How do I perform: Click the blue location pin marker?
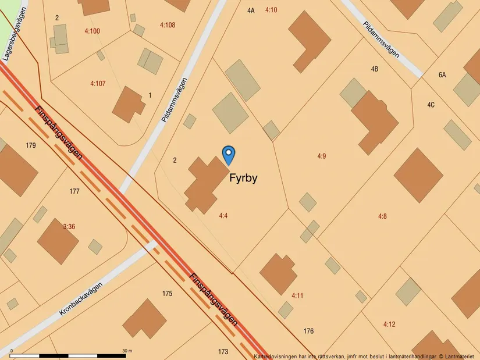click(x=229, y=154)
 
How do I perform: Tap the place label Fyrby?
click(x=243, y=178)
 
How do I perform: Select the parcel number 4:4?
click(x=223, y=216)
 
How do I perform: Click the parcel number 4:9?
click(x=322, y=156)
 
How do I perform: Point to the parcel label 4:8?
click(x=382, y=216)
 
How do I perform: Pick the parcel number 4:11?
click(x=297, y=295)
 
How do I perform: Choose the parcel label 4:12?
click(x=389, y=324)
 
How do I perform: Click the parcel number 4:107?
click(x=98, y=84)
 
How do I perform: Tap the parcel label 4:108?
click(x=167, y=25)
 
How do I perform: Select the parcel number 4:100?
click(x=92, y=31)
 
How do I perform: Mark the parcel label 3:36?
click(x=69, y=227)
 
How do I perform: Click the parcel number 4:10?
click(x=271, y=10)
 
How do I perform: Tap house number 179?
click(x=31, y=145)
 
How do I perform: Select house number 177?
click(x=74, y=191)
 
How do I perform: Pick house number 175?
click(x=168, y=294)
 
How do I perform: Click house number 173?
click(x=223, y=352)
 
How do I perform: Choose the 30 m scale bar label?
click(x=127, y=351)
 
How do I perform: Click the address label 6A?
click(x=442, y=74)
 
